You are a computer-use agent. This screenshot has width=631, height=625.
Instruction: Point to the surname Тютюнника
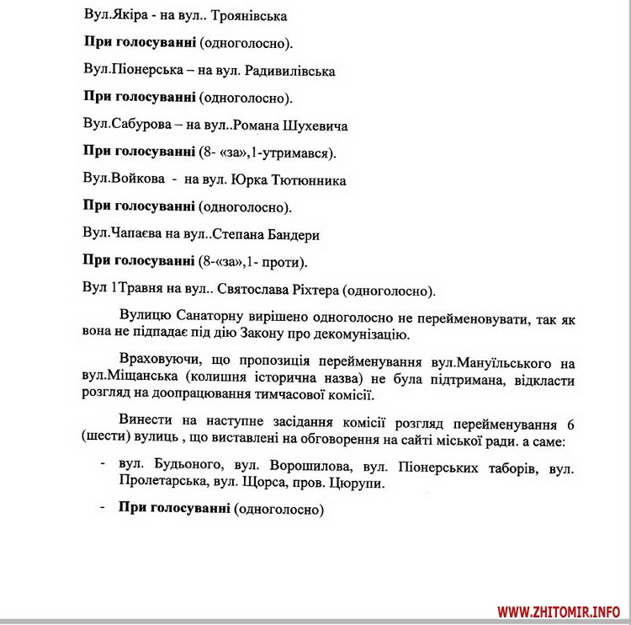(x=307, y=179)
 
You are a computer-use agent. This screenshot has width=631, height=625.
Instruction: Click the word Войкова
(x=135, y=179)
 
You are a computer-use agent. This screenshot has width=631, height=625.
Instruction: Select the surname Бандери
(x=293, y=234)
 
